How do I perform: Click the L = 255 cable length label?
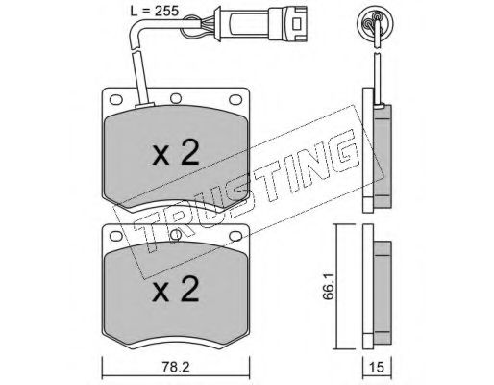pyautogui.click(x=155, y=11)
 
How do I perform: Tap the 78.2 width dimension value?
pyautogui.click(x=176, y=367)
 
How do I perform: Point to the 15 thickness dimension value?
pyautogui.click(x=377, y=367)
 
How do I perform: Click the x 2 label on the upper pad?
pyautogui.click(x=176, y=153)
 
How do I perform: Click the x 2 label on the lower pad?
pyautogui.click(x=176, y=290)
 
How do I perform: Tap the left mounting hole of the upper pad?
pyautogui.click(x=116, y=99)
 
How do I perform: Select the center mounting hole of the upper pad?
pyautogui.click(x=176, y=98)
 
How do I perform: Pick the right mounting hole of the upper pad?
pyautogui.click(x=235, y=99)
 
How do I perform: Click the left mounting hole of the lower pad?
pyautogui.click(x=116, y=236)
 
